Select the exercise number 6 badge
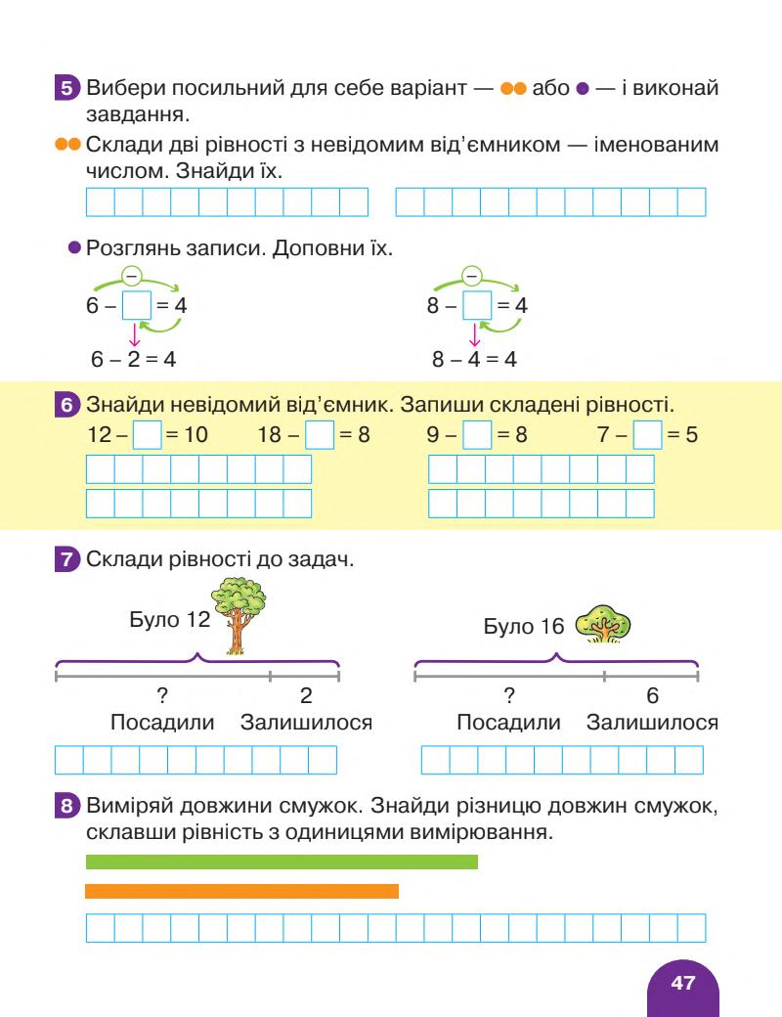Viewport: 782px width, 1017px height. tap(66, 404)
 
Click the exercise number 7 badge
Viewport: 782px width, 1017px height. tap(66, 560)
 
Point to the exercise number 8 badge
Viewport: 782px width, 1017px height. tap(66, 807)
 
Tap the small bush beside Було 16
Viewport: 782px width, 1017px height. tap(603, 624)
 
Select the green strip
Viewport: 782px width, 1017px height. tap(282, 862)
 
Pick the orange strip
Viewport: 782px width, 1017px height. tap(241, 891)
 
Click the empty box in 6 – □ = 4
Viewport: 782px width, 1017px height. tap(136, 305)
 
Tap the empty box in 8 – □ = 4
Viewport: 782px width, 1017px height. tap(476, 305)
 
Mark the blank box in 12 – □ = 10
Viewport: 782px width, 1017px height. tap(146, 434)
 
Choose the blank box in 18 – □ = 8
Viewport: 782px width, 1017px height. tap(320, 434)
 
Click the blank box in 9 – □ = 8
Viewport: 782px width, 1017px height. tap(476, 434)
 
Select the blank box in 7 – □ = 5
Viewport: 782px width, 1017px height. tap(647, 434)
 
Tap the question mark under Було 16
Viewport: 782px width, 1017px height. tap(509, 695)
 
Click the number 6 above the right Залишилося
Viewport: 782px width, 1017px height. tap(653, 695)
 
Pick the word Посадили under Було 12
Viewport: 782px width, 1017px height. tap(162, 723)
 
